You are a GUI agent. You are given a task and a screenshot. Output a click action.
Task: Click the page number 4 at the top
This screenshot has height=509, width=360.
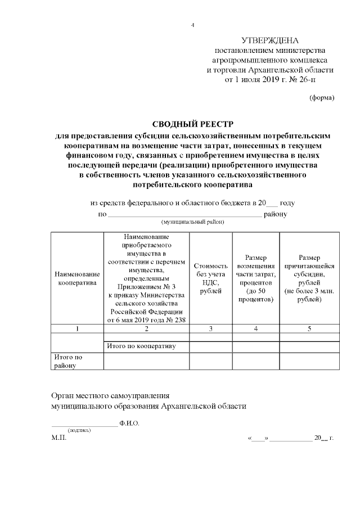192,25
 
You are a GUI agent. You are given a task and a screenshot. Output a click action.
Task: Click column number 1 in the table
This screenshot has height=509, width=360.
76,328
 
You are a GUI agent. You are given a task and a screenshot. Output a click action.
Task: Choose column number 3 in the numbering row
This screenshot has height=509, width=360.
210,328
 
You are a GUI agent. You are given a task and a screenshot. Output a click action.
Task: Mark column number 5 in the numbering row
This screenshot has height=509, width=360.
309,328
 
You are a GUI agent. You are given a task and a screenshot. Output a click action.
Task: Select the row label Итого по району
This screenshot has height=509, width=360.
67,361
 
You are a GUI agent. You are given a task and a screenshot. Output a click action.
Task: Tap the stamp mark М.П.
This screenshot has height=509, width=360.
58,438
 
